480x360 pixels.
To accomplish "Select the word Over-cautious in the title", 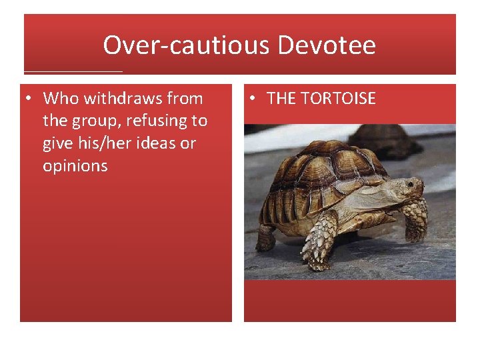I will pyautogui.click(x=186, y=45).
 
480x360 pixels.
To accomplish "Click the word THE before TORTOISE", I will pyautogui.click(x=281, y=99).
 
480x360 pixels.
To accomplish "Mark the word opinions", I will pyautogui.click(x=75, y=166).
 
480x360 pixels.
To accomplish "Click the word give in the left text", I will pyautogui.click(x=57, y=143).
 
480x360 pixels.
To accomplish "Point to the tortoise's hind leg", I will pyautogui.click(x=265, y=237).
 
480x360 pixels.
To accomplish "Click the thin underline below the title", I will pyautogui.click(x=73, y=71).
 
